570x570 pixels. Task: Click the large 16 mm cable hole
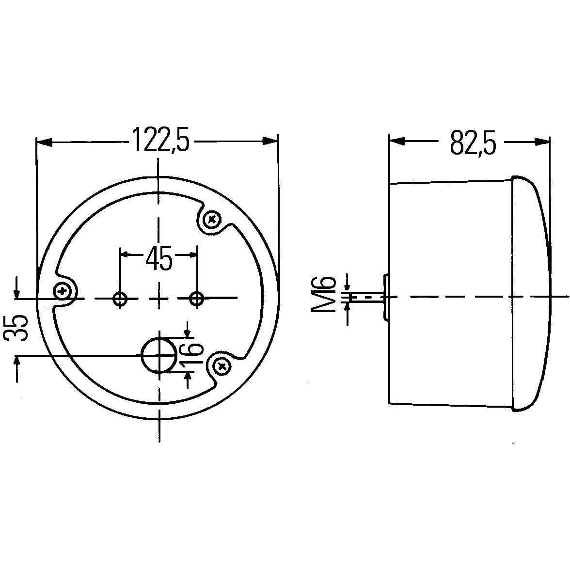coord(158,356)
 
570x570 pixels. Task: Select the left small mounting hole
coord(120,299)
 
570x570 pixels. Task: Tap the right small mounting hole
coord(196,299)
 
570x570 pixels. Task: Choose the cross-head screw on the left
coord(62,291)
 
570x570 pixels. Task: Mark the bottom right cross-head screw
coord(222,366)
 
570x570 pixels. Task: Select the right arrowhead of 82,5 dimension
coord(542,142)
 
